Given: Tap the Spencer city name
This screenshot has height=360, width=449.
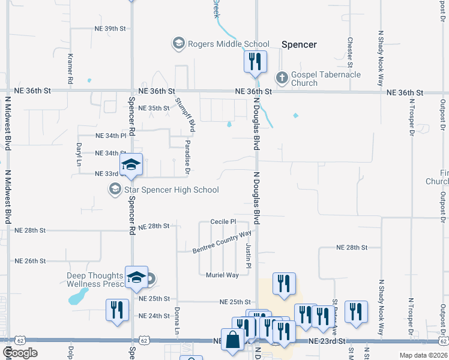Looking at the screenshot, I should coord(299,44).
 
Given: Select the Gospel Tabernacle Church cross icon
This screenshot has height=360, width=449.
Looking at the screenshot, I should coord(281,78).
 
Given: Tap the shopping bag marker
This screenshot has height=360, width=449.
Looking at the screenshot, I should coord(232,340).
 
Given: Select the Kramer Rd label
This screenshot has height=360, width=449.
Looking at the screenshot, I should coord(70,68).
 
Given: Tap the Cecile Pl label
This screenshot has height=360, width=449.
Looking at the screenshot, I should coord(223,221).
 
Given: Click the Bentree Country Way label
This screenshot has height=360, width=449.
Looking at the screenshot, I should coord(221,242).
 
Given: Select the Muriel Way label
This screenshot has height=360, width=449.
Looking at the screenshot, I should coord(223,275).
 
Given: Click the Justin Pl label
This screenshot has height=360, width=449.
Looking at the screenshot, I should coord(248,256).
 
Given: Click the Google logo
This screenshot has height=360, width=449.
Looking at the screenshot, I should coord(20,353).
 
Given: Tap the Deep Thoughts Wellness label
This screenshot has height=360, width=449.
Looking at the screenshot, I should coord(95,280).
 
